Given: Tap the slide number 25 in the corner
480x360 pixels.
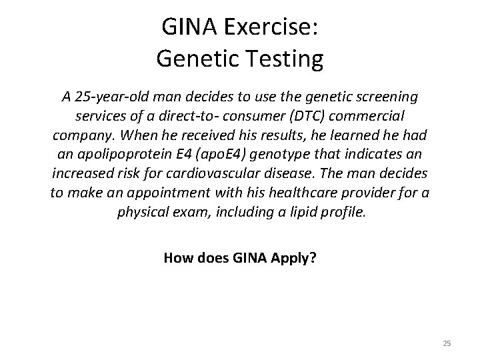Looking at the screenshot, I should [x=447, y=343].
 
